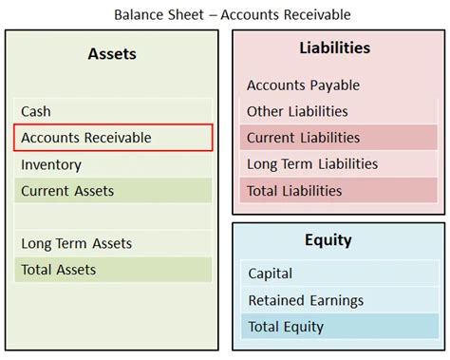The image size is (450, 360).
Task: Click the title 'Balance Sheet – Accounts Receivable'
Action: tap(225, 13)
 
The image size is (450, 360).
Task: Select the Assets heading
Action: tap(112, 54)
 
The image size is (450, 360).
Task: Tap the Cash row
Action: tap(112, 111)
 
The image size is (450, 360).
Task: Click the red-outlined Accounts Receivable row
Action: tap(112, 138)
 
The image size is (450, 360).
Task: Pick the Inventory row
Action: tap(112, 164)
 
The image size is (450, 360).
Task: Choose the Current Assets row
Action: tap(112, 191)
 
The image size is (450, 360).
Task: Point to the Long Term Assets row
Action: tap(112, 243)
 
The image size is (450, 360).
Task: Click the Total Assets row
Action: tap(112, 270)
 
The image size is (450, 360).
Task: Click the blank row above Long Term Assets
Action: tap(112, 218)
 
